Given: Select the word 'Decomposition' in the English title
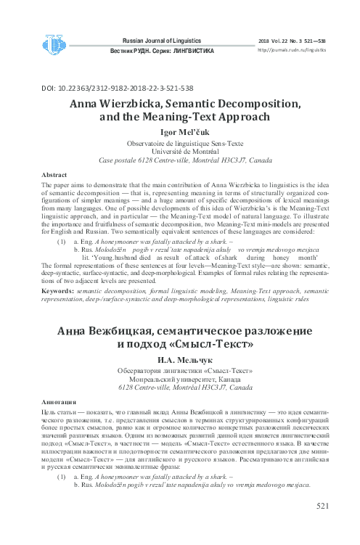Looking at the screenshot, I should click(x=247, y=103).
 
